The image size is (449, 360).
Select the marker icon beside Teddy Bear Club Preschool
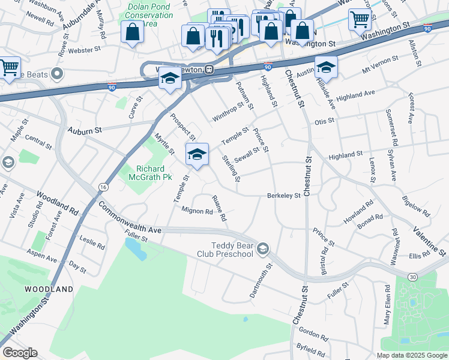262,248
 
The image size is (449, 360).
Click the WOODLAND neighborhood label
49,289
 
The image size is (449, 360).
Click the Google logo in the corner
19,353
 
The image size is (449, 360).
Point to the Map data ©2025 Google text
411,355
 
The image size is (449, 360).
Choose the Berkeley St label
283,196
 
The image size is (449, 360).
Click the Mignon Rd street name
197,211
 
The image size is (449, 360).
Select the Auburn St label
85,130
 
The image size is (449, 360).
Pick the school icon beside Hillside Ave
326,66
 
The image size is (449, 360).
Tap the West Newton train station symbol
209,69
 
